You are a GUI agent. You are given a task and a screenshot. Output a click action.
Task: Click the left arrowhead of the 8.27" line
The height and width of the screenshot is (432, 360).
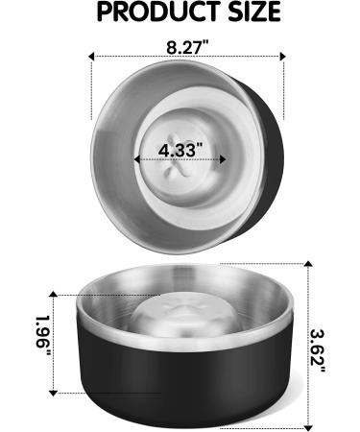click(x=93, y=57)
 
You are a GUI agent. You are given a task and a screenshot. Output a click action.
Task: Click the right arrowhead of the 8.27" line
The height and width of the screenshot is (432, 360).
click(x=283, y=57)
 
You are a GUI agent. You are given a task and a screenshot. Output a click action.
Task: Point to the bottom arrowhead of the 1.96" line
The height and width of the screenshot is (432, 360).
click(x=52, y=391)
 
